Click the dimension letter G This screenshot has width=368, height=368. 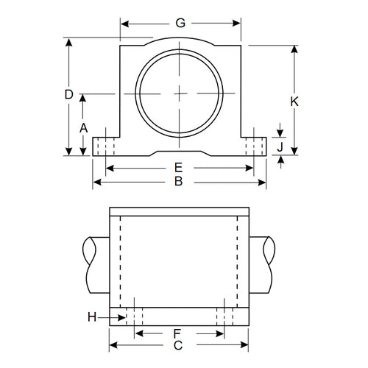[x=180, y=24]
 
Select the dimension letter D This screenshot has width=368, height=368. [x=68, y=94]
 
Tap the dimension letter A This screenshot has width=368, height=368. [x=83, y=127]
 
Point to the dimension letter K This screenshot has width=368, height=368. [x=294, y=102]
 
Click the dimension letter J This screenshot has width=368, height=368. [x=280, y=147]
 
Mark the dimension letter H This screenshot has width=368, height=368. [x=92, y=316]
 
